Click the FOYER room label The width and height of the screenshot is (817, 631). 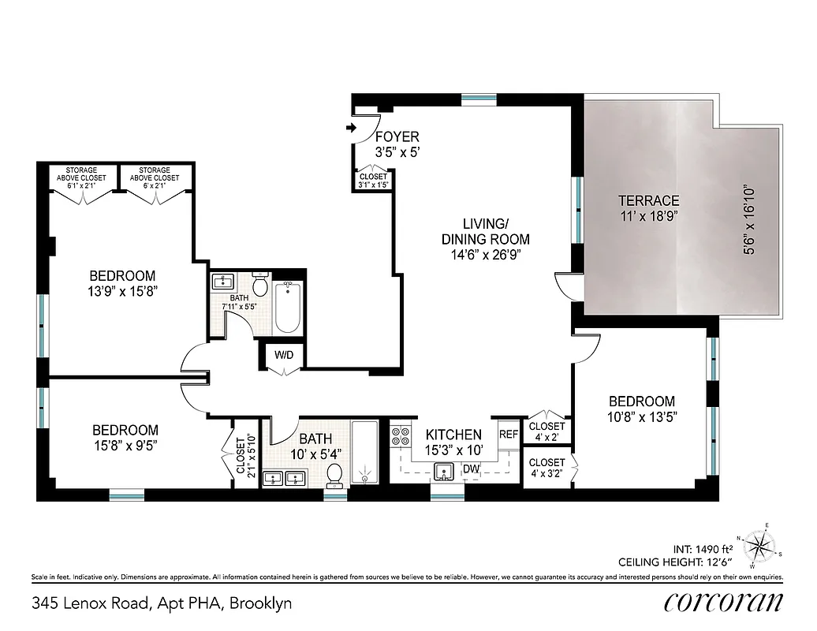click(x=397, y=136)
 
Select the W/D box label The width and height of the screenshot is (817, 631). click(x=284, y=355)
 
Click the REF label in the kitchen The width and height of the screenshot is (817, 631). click(x=509, y=434)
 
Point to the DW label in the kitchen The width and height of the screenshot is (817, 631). click(x=472, y=469)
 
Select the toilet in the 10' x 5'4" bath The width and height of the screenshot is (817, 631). click(x=335, y=473)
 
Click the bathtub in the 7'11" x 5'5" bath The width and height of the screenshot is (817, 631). click(x=286, y=306)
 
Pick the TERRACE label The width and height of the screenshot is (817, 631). click(x=649, y=200)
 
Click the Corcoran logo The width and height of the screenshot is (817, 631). click(x=724, y=603)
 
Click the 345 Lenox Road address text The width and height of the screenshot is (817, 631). click(x=162, y=603)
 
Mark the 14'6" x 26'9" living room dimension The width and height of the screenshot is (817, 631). click(x=485, y=254)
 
